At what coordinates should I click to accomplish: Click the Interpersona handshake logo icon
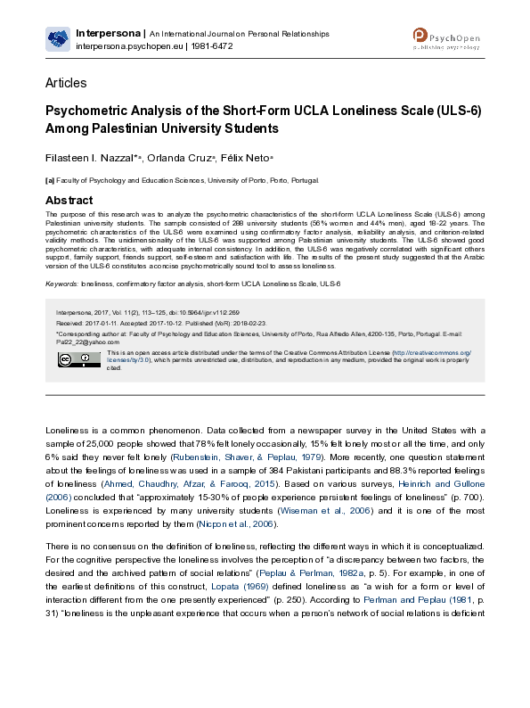[x=58, y=38]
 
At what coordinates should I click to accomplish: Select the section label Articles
[x=66, y=83]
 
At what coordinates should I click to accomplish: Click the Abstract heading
[x=69, y=200]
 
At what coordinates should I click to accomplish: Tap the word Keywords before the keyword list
[x=61, y=284]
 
